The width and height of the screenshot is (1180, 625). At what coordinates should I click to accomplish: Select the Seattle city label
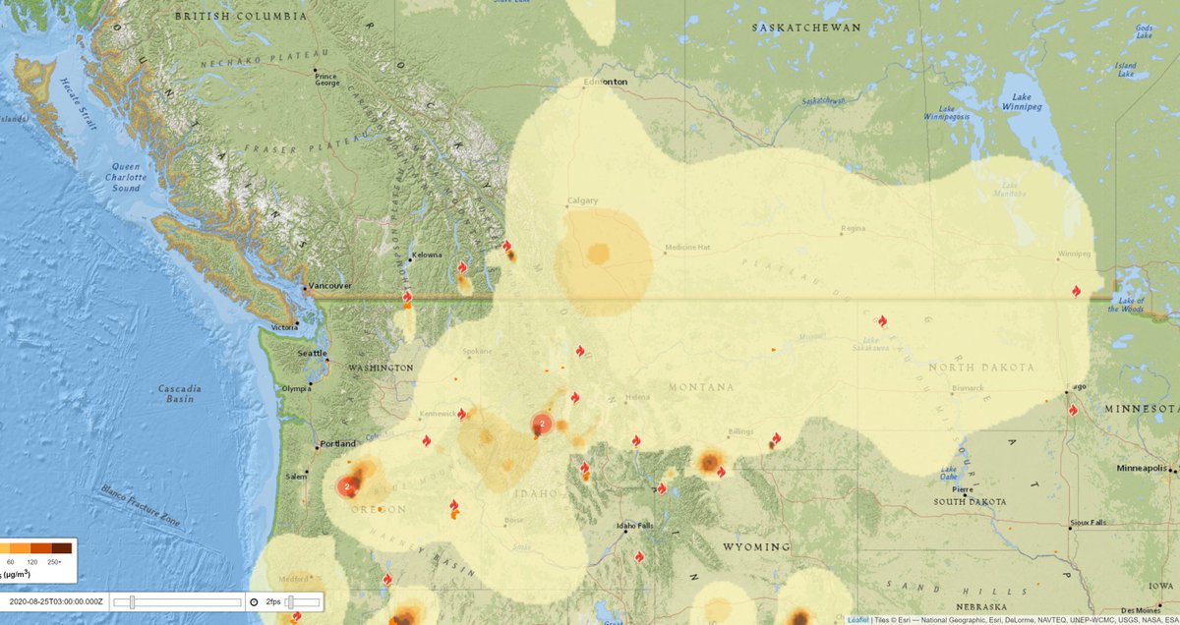pyautogui.click(x=313, y=353)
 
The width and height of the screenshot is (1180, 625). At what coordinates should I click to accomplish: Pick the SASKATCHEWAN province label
pyautogui.click(x=805, y=28)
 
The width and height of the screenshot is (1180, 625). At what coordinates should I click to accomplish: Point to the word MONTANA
pyautogui.click(x=703, y=387)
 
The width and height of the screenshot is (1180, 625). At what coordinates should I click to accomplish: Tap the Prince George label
pyautogui.click(x=326, y=80)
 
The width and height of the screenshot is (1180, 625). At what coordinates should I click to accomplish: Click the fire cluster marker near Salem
pyautogui.click(x=347, y=485)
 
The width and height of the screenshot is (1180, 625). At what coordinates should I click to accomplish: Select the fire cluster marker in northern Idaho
pyautogui.click(x=541, y=424)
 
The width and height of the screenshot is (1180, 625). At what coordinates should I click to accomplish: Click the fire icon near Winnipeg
pyautogui.click(x=1077, y=291)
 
